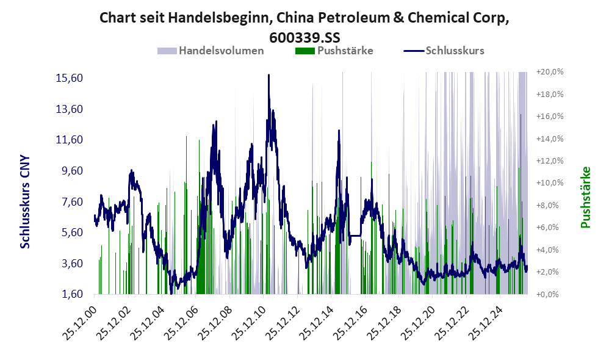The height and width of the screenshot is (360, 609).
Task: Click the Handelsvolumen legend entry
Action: tap(211, 51)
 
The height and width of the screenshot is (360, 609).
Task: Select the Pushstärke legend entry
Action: tap(334, 51)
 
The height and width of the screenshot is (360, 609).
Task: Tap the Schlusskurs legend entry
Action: tap(444, 51)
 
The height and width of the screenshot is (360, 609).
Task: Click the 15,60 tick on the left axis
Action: tap(70, 78)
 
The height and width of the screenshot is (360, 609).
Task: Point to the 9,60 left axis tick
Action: tap(70, 171)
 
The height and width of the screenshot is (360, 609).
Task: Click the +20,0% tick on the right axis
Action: tap(550, 72)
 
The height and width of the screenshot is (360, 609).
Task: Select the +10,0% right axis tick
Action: tap(550, 183)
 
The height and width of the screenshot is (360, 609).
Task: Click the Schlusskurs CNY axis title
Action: tap(25, 202)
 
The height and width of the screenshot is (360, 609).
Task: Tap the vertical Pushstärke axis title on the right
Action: tap(585, 197)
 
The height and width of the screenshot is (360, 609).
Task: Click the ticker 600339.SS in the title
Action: tap(304, 38)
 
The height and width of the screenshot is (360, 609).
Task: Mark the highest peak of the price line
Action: tap(268, 75)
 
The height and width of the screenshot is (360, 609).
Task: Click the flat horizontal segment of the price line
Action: tap(355, 236)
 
